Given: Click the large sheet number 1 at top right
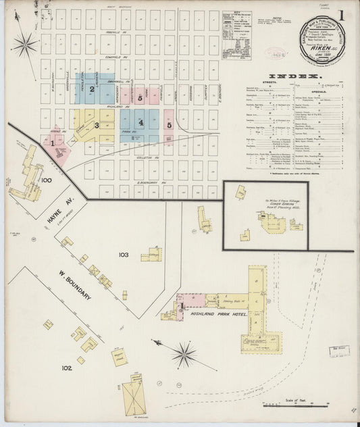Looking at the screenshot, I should (x=343, y=14).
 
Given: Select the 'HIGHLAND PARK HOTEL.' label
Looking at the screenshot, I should (x=220, y=315).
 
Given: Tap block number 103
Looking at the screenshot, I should (x=123, y=255).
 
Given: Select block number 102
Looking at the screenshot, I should (x=66, y=368).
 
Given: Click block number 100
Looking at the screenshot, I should (x=46, y=180).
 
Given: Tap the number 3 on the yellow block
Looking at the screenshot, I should (x=97, y=125).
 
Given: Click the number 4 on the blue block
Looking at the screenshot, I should (x=140, y=122).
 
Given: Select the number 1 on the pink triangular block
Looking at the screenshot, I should (x=52, y=143).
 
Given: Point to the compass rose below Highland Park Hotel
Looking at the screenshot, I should (x=183, y=353).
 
